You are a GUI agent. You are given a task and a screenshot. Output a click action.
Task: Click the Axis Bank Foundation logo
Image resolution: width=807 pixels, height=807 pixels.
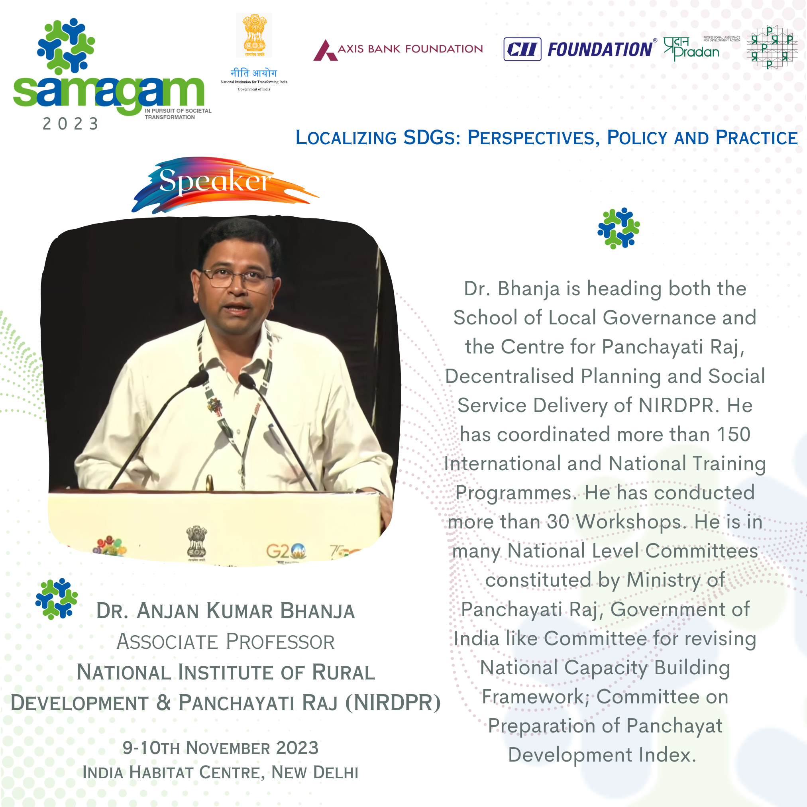pyautogui.click(x=398, y=50)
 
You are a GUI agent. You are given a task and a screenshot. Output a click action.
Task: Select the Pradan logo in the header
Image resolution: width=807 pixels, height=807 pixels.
pyautogui.click(x=701, y=49)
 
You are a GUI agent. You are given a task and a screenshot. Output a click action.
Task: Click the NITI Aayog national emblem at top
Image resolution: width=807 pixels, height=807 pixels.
pyautogui.click(x=254, y=35)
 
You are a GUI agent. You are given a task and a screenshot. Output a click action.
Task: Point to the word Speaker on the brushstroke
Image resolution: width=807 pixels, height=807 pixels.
pyautogui.click(x=215, y=181)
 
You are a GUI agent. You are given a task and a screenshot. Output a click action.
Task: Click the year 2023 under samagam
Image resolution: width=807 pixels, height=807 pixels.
pyautogui.click(x=71, y=124)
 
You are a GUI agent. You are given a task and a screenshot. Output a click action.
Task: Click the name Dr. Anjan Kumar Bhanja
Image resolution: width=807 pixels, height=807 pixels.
pyautogui.click(x=226, y=611)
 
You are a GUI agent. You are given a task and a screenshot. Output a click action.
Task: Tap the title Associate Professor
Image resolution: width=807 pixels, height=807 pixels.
pyautogui.click(x=226, y=642)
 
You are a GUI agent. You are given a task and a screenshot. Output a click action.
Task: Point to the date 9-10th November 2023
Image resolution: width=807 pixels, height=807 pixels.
pyautogui.click(x=220, y=748)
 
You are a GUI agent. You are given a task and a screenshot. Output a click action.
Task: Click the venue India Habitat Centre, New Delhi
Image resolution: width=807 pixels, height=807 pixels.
pyautogui.click(x=220, y=772)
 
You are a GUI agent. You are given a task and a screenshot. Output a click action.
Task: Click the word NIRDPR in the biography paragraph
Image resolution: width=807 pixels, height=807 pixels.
pyautogui.click(x=677, y=405)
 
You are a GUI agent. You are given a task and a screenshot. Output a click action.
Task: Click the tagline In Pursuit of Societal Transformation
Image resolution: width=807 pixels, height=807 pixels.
pyautogui.click(x=178, y=114)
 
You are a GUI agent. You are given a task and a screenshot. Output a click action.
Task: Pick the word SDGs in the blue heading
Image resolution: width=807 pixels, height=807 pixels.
pyautogui.click(x=431, y=138)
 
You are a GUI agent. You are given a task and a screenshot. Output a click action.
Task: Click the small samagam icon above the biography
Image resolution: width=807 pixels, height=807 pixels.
pyautogui.click(x=619, y=228)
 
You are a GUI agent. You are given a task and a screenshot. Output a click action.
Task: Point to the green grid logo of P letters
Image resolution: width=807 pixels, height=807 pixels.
pyautogui.click(x=772, y=47)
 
